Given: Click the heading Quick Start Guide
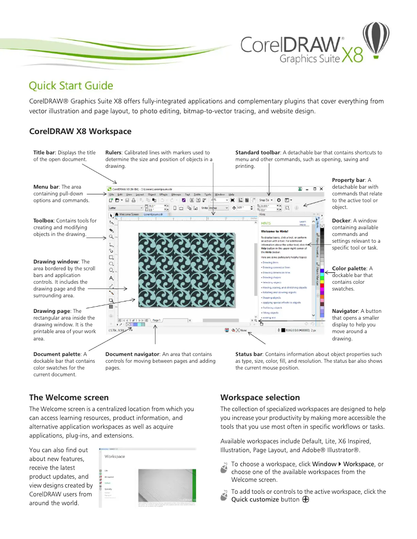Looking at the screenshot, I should [x=71, y=86].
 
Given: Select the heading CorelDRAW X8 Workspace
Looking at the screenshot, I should [x=80, y=131].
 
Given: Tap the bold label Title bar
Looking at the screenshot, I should [x=44, y=153].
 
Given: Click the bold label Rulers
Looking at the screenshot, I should [x=114, y=153].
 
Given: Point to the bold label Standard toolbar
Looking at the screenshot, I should [x=258, y=153].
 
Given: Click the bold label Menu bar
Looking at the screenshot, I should [x=46, y=187].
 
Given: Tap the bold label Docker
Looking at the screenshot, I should [x=341, y=220].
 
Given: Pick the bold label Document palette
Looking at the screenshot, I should [x=57, y=354].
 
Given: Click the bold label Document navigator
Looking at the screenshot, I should [x=133, y=354].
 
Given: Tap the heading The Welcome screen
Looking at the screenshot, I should [x=69, y=398].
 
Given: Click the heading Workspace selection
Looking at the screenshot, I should [x=260, y=398].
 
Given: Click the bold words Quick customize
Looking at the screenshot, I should [x=255, y=499].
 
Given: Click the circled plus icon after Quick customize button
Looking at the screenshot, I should [x=306, y=499].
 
